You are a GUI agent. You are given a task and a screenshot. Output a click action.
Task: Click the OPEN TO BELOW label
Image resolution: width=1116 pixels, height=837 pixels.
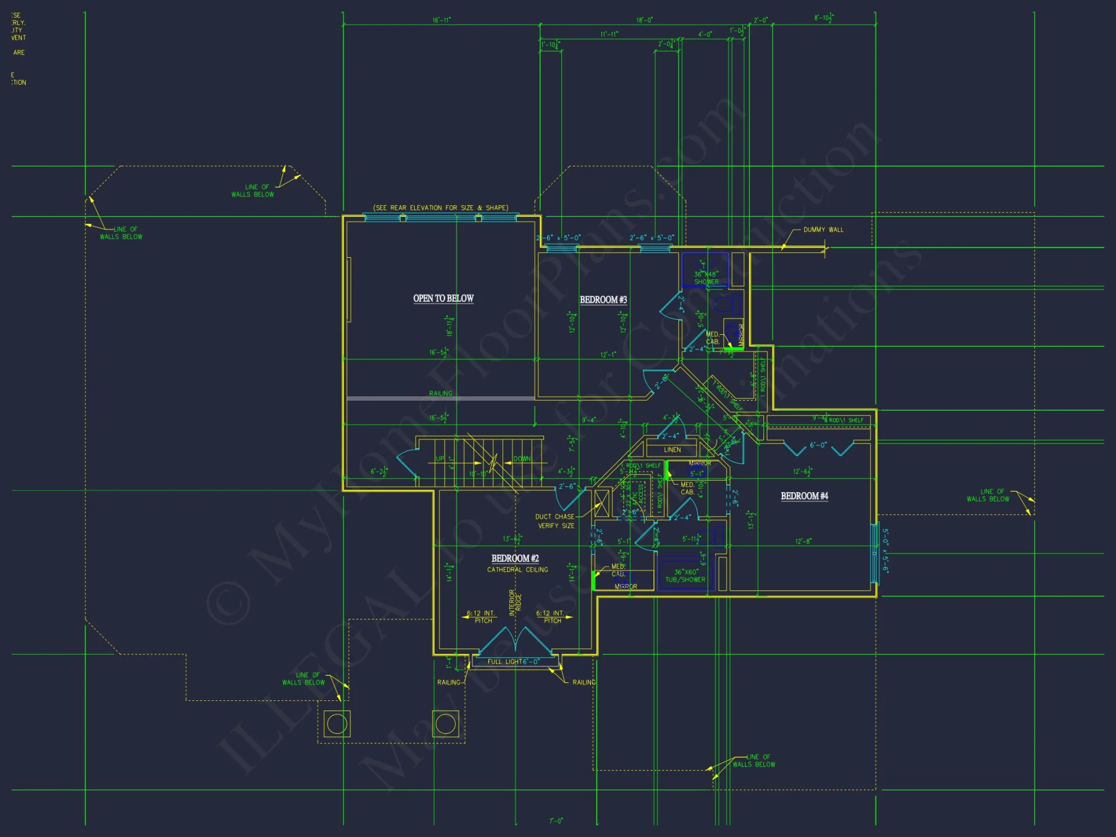pyautogui.click(x=443, y=299)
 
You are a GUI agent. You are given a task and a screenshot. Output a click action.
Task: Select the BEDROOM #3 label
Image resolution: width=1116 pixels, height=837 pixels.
pyautogui.click(x=603, y=300)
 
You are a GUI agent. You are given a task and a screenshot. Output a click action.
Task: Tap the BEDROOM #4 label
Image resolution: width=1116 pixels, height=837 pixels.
pyautogui.click(x=804, y=496)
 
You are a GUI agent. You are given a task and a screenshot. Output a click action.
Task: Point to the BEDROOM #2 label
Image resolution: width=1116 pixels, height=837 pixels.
pyautogui.click(x=515, y=559)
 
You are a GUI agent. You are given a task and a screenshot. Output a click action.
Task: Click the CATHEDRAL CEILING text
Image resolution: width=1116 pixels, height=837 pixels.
pyautogui.click(x=517, y=570)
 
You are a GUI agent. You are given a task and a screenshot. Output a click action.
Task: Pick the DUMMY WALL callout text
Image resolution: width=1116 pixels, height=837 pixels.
pyautogui.click(x=823, y=230)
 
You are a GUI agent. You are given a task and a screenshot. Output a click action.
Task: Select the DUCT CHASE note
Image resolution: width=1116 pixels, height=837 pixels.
pyautogui.click(x=555, y=521)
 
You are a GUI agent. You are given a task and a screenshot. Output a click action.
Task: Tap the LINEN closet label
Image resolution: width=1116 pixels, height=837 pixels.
pyautogui.click(x=672, y=450)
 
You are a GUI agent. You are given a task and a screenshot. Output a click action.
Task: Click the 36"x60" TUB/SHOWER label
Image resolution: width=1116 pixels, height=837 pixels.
pyautogui.click(x=685, y=576)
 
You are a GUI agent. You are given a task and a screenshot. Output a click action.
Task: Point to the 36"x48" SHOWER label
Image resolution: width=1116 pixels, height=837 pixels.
pyautogui.click(x=706, y=278)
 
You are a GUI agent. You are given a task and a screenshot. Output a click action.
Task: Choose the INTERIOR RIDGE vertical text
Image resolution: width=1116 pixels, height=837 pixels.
pyautogui.click(x=515, y=603)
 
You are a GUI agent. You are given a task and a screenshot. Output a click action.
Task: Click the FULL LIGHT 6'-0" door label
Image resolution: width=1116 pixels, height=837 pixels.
pyautogui.click(x=513, y=662)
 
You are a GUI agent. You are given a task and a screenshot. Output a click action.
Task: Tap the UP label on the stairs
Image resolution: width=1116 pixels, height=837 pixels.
pyautogui.click(x=440, y=459)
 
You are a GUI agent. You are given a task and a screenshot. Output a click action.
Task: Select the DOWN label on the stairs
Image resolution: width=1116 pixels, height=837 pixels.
pyautogui.click(x=522, y=459)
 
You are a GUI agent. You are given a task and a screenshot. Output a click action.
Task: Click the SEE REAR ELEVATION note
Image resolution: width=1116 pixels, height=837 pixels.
pyautogui.click(x=441, y=208)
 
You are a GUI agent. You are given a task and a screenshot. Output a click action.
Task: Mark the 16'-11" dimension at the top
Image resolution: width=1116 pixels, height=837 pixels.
pyautogui.click(x=441, y=20)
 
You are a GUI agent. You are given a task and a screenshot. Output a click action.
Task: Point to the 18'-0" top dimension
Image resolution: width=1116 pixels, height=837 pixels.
pyautogui.click(x=644, y=20)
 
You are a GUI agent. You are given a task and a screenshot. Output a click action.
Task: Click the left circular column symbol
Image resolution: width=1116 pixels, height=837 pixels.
pyautogui.click(x=337, y=724)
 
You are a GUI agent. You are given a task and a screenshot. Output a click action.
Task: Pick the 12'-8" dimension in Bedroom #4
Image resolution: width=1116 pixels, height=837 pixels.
pyautogui.click(x=803, y=541)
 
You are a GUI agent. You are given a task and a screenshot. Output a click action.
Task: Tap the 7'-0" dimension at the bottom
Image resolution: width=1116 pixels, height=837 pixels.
pyautogui.click(x=556, y=821)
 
